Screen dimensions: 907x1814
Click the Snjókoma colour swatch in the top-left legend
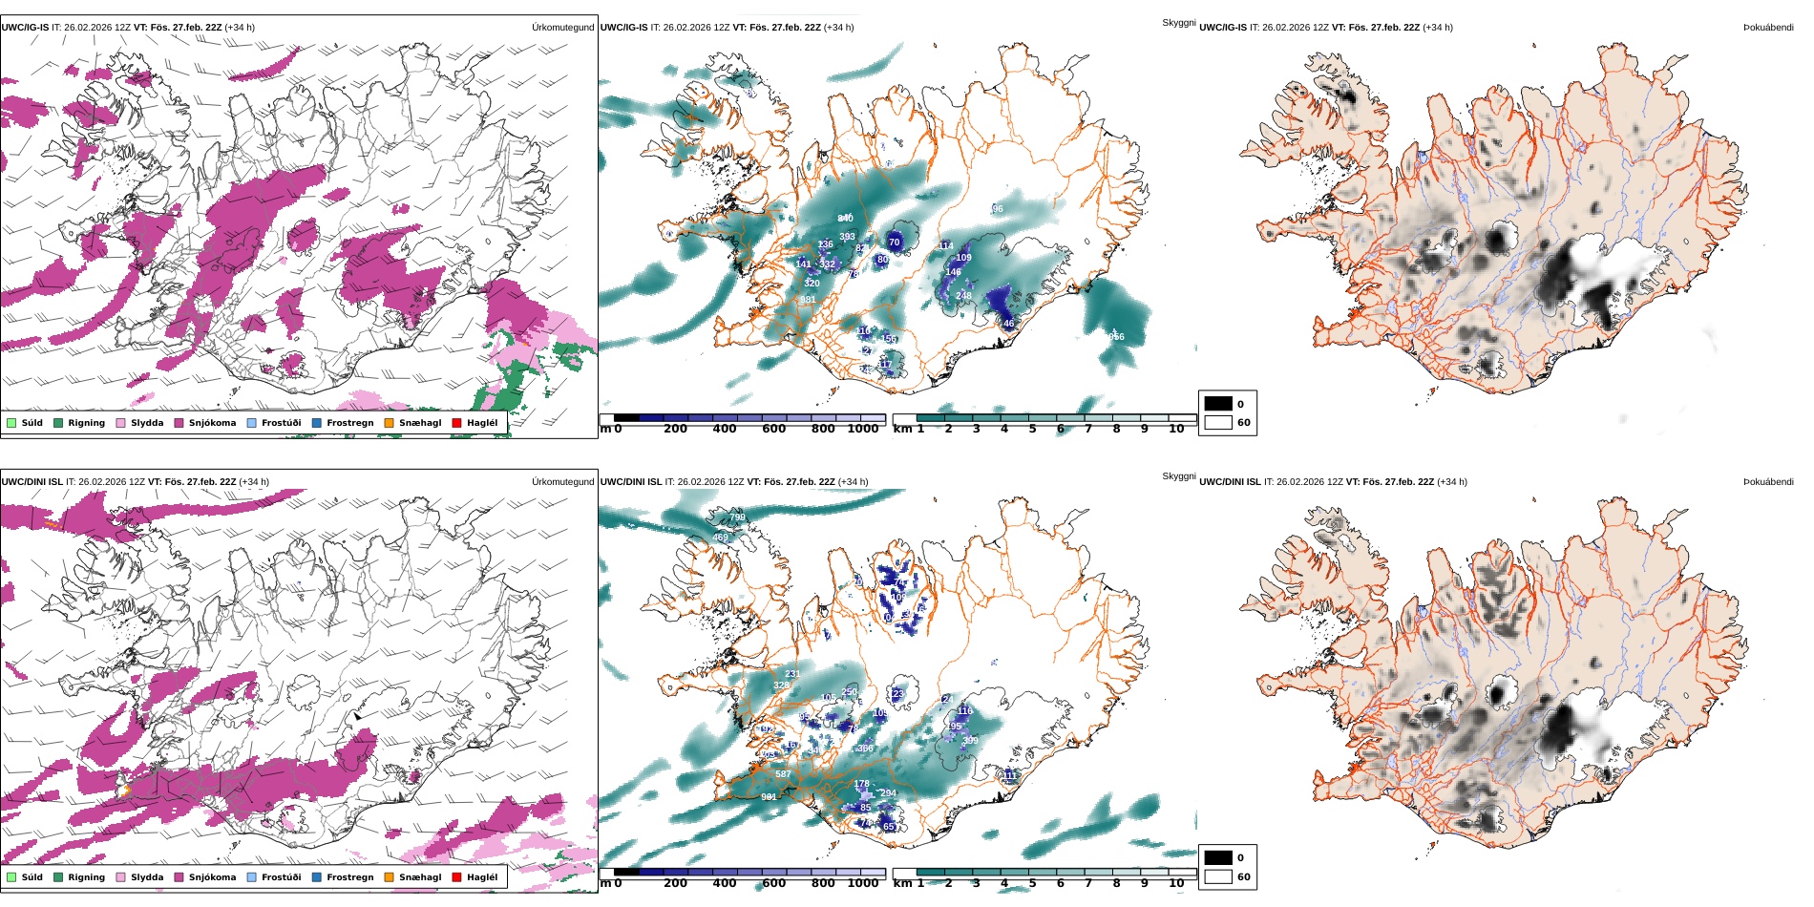click(x=179, y=423)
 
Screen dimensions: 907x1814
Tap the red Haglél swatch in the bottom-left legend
click(x=456, y=877)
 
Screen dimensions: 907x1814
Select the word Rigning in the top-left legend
click(x=86, y=423)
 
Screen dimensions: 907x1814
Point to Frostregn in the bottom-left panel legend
click(x=349, y=877)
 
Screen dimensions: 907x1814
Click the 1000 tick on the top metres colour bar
click(x=863, y=429)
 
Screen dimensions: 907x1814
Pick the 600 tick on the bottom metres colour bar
click(x=773, y=883)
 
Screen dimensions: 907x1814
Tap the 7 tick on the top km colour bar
click(x=1087, y=429)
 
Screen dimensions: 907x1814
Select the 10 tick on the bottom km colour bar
click(x=1176, y=883)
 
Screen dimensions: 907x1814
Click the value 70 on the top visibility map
click(x=894, y=243)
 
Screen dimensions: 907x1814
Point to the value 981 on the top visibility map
click(x=808, y=300)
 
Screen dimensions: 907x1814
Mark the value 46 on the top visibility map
click(x=1008, y=324)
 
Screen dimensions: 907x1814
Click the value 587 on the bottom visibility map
click(x=783, y=774)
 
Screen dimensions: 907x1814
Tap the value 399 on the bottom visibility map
click(x=970, y=741)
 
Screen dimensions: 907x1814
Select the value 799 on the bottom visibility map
click(x=737, y=517)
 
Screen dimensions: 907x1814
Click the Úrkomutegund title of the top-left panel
click(x=562, y=28)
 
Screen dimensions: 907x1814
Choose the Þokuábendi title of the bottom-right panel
click(x=1768, y=482)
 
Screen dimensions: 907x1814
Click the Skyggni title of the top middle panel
click(x=1178, y=22)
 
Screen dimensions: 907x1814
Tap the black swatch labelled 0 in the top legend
click(x=1218, y=404)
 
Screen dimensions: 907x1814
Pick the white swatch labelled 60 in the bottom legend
click(x=1218, y=876)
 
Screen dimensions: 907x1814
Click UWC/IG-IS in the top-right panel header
click(x=1222, y=28)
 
